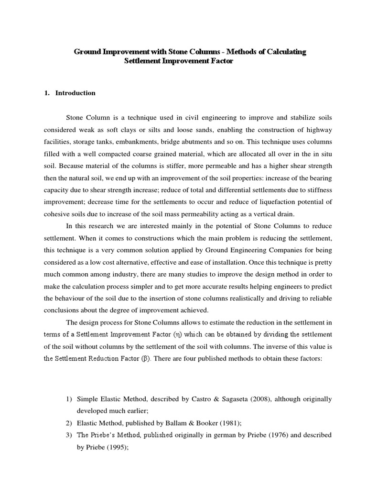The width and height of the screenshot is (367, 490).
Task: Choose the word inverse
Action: [x=271, y=346]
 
